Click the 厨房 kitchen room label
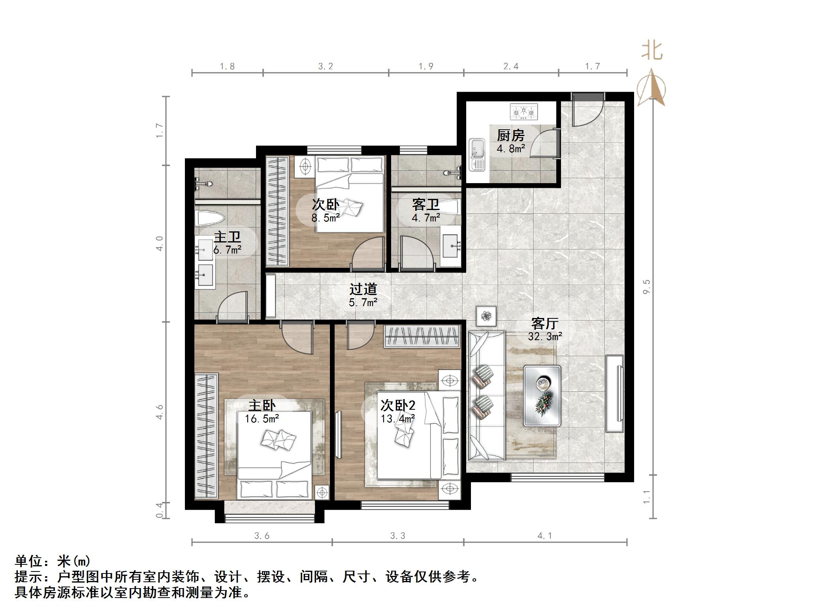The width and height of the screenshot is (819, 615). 510,136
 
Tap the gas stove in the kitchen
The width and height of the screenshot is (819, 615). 524,112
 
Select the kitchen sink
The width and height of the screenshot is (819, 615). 477,154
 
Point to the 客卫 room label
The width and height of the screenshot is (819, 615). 426,204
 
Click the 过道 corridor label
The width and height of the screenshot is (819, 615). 363,290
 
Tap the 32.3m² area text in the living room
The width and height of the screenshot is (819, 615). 545,337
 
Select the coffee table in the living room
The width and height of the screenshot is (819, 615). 542,395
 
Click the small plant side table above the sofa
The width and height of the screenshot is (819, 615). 486,316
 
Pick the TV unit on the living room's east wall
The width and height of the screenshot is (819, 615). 615,394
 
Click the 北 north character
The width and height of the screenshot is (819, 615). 651,51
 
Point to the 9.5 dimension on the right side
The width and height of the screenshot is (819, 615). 647,286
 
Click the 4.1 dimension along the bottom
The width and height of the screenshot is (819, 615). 544,536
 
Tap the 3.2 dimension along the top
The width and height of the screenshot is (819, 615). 326,66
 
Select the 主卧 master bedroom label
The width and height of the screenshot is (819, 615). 262,406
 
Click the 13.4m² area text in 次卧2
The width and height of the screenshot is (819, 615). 397,418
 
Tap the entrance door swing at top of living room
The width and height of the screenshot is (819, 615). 587,113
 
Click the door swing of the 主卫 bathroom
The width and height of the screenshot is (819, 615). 233,307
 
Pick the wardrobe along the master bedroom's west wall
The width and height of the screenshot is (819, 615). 206,435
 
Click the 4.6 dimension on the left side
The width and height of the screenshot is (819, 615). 160,412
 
